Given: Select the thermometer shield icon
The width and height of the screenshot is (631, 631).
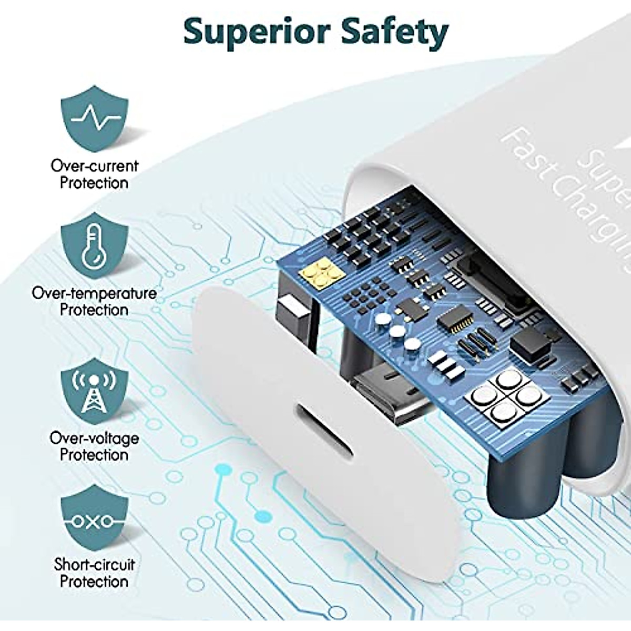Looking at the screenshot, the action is tap(94, 248).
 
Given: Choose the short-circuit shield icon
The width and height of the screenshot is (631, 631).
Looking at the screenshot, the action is tap(94, 520).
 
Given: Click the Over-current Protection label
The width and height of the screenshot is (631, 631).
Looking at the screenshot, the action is tap(95, 174).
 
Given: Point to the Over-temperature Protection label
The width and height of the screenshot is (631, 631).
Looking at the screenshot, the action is tap(95, 301).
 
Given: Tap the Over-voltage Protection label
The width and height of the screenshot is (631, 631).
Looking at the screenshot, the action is tap(95, 446).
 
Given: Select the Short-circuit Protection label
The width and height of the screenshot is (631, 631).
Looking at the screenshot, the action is tap(95, 573).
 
